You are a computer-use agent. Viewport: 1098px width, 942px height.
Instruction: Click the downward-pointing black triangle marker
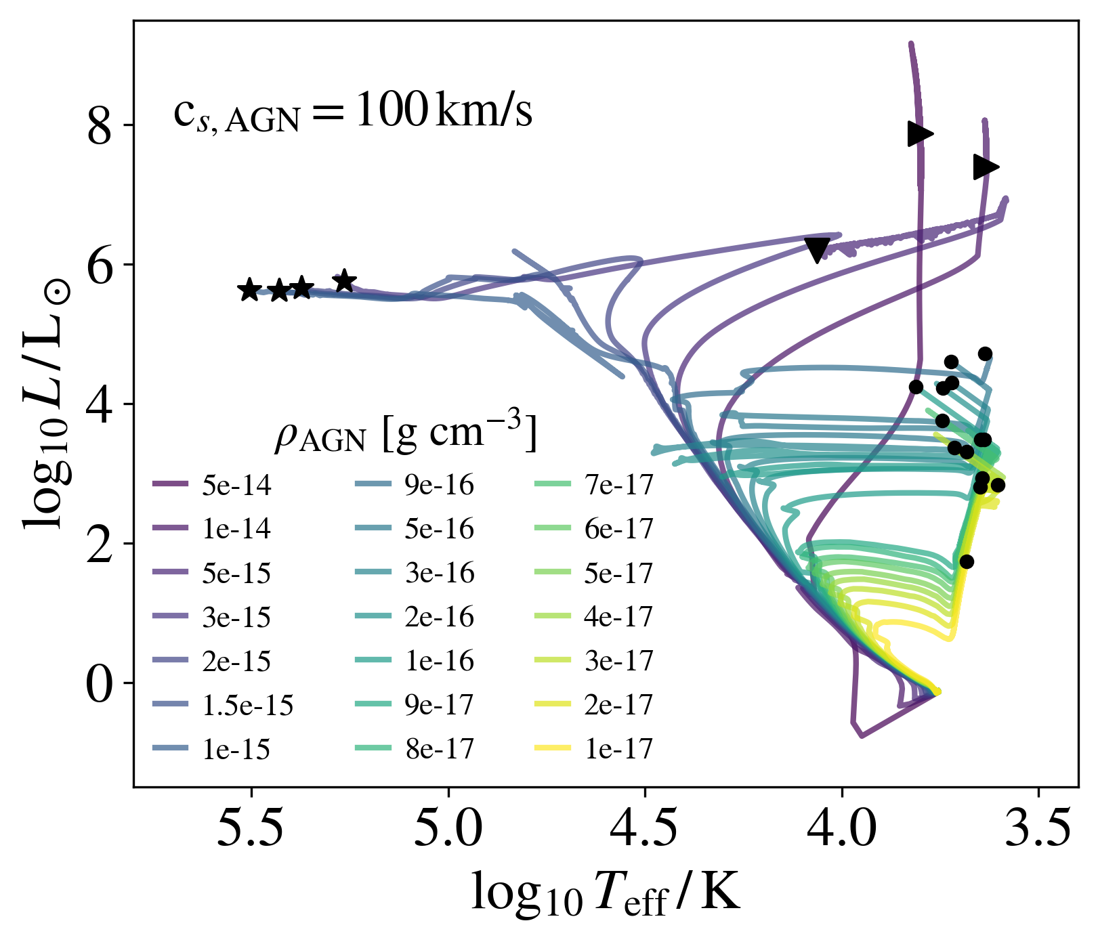(x=818, y=249)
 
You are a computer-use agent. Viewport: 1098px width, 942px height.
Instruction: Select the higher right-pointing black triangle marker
(x=919, y=133)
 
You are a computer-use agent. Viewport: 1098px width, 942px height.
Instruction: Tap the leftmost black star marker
(x=249, y=290)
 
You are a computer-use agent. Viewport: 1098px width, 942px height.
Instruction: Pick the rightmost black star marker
(x=345, y=280)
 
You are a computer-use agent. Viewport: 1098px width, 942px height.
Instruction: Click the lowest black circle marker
(x=967, y=561)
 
